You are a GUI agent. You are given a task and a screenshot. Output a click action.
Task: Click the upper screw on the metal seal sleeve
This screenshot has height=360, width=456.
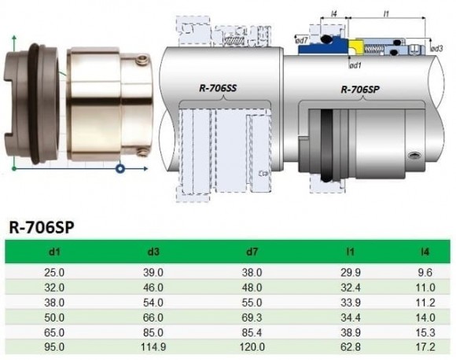(142, 61)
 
